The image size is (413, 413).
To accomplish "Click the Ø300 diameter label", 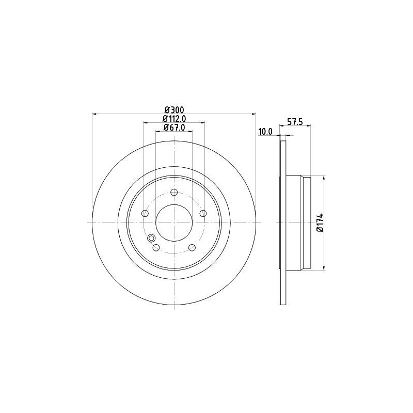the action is tap(174, 109).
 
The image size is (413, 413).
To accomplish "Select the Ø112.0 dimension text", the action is tap(174, 119).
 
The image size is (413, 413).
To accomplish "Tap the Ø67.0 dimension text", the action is tap(174, 127).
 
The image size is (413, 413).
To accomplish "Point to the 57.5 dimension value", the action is tap(295, 122).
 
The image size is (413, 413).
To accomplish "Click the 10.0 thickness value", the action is tap(265, 132).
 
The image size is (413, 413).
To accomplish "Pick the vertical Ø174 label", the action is tap(320, 223).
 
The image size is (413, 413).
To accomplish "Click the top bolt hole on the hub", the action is tap(174, 192).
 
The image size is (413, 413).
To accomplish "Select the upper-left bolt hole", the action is tap(145, 213).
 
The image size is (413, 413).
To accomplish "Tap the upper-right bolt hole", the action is tap(203, 213).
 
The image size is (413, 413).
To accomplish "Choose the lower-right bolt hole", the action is tap(192, 248).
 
